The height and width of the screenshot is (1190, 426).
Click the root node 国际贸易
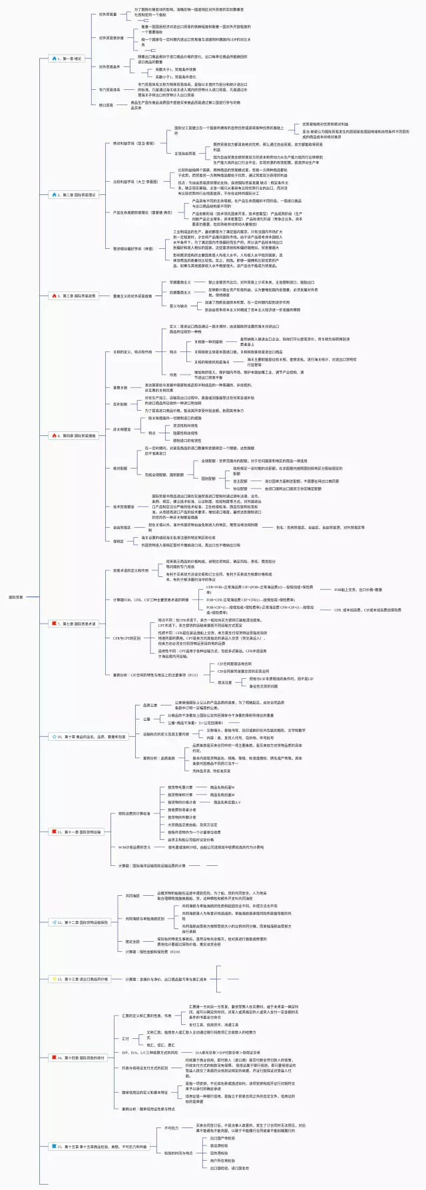click(16, 597)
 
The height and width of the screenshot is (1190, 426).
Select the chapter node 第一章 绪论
click(69, 59)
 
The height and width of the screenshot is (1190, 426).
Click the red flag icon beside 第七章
click(55, 624)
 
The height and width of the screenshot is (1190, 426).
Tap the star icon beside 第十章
click(53, 737)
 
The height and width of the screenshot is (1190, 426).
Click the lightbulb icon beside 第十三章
click(54, 979)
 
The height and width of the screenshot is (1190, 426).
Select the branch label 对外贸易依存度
click(112, 38)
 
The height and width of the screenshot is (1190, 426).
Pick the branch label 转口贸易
click(106, 104)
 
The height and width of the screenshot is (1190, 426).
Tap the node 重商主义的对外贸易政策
click(133, 296)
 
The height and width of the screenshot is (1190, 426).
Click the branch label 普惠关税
click(120, 387)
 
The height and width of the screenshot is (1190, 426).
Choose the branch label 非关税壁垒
click(122, 429)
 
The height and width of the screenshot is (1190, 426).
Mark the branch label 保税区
click(118, 541)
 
